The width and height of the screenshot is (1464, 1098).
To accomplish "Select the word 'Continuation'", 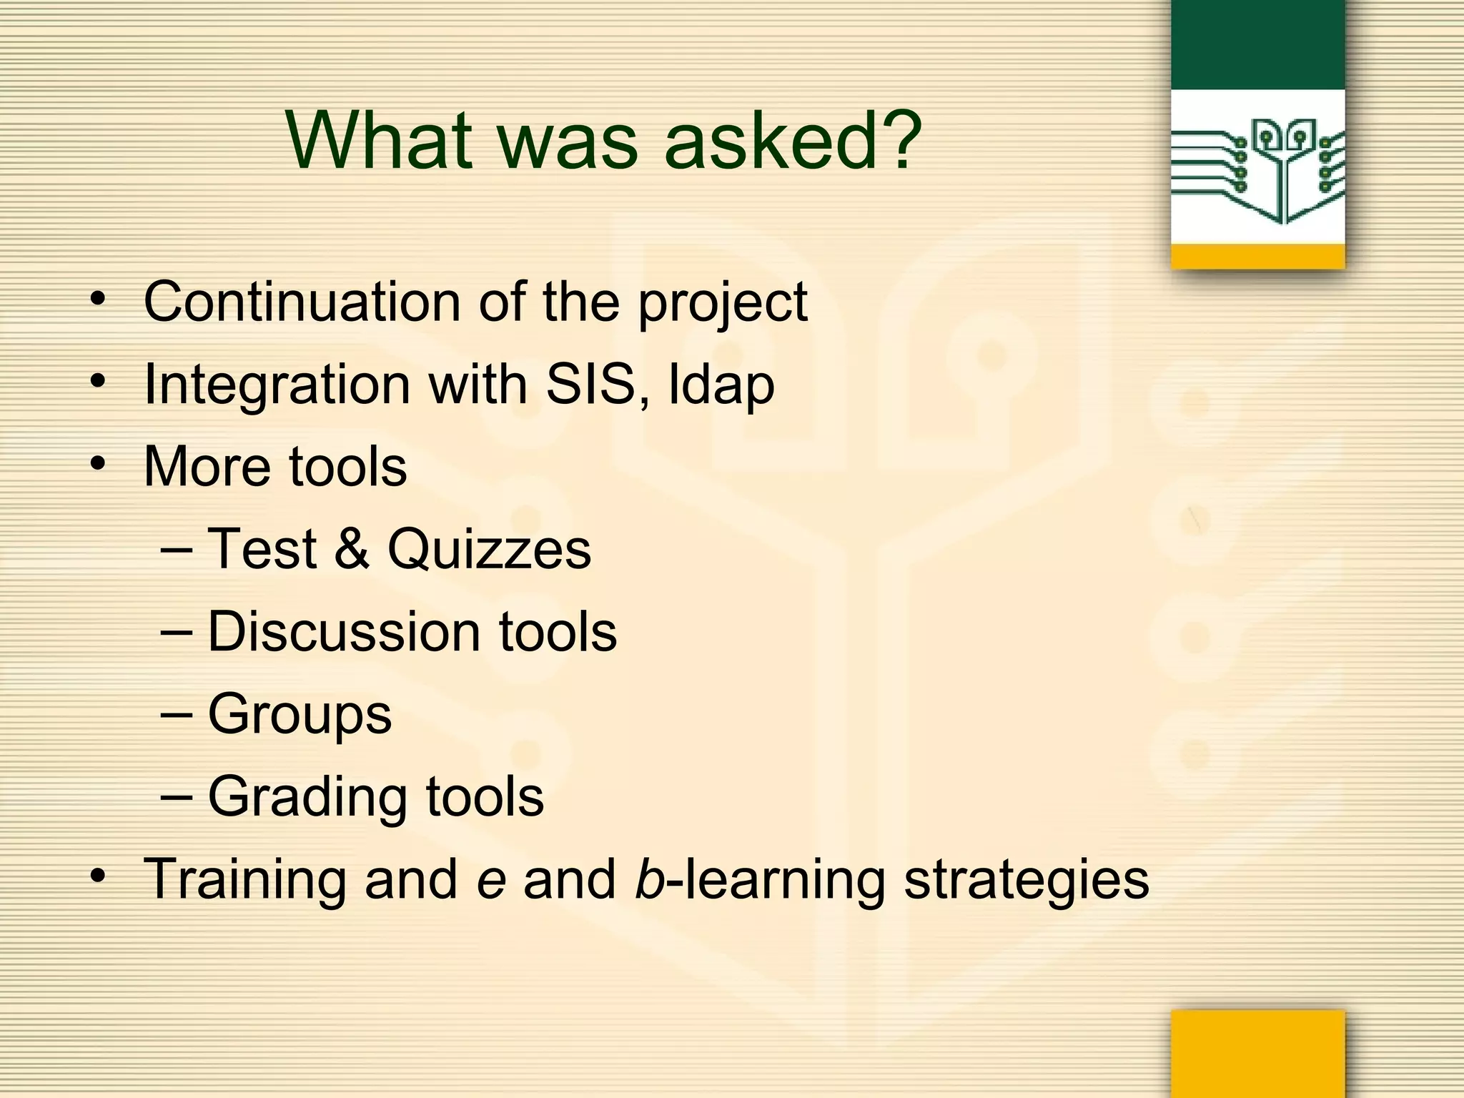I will tap(302, 302).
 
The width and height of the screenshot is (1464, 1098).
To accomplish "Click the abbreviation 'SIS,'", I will tap(598, 385).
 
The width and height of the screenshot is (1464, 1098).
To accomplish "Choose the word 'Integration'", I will tap(277, 385).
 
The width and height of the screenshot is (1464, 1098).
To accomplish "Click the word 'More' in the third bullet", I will tap(207, 467).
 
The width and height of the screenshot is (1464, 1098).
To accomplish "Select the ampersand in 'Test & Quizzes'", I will tap(352, 549).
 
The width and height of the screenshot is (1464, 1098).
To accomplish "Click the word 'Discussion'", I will tap(344, 632).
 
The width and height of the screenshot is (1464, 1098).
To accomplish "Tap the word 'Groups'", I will tap(300, 715).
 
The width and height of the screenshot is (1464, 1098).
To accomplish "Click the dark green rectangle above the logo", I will tap(1258, 44).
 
